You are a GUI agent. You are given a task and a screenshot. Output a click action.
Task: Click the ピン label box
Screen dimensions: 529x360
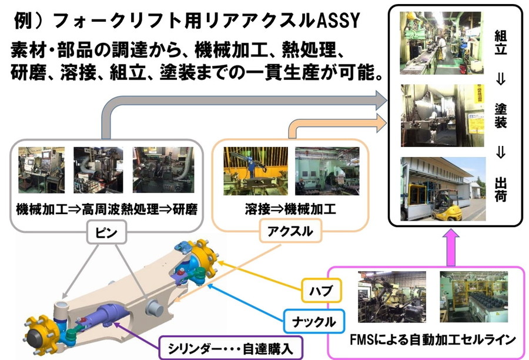106,232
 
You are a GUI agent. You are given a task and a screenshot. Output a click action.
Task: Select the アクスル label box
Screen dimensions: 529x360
290,231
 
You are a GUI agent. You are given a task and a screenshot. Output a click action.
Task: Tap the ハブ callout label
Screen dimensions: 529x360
322,290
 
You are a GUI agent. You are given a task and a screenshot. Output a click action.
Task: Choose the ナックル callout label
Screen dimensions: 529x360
314,321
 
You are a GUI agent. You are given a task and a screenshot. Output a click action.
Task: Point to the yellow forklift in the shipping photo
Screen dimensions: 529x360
446,206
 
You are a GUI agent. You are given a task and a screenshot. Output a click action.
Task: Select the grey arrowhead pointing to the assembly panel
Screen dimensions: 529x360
381,100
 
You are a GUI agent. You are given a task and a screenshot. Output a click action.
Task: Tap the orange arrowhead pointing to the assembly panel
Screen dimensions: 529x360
381,122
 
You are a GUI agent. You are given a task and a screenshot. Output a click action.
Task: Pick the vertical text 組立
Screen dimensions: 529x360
501,42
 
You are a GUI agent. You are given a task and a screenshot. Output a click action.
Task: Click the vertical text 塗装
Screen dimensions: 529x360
501,116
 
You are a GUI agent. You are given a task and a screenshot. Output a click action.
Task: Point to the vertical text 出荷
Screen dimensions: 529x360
501,189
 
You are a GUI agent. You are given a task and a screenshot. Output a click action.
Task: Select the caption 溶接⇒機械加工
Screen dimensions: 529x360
290,209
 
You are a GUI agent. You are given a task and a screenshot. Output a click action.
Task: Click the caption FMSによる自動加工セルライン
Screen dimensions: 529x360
433,339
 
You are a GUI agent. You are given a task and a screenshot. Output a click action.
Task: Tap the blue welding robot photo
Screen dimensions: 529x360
256,171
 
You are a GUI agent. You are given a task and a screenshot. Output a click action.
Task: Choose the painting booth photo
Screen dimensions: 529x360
442,115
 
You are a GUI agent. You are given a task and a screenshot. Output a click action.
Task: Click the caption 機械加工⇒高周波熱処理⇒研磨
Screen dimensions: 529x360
106,209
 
